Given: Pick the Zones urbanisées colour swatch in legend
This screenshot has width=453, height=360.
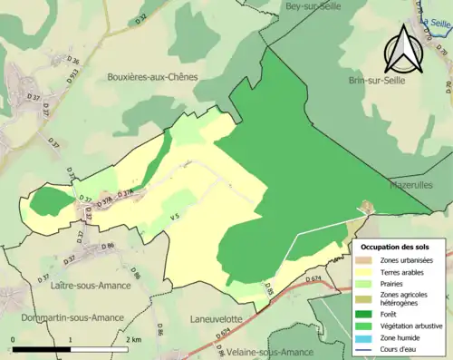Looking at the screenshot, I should pyautogui.click(x=363, y=260).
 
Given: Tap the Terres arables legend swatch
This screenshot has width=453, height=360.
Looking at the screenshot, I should pyautogui.click(x=363, y=272).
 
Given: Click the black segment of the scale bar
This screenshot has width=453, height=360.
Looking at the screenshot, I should pyautogui.click(x=42, y=348).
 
